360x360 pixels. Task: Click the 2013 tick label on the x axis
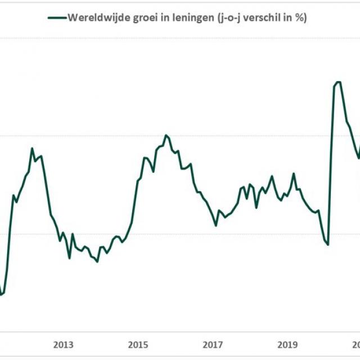[64, 345]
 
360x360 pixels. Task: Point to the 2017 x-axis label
[213, 345]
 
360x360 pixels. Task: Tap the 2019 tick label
[287, 345]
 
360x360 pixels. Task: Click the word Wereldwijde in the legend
[94, 17]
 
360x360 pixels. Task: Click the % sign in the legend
[300, 17]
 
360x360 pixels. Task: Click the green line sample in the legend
[57, 17]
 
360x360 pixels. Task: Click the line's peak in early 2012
[32, 148]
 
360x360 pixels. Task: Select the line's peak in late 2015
[166, 135]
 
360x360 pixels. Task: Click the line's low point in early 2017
[216, 226]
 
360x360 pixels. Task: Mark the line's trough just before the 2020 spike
[327, 244]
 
